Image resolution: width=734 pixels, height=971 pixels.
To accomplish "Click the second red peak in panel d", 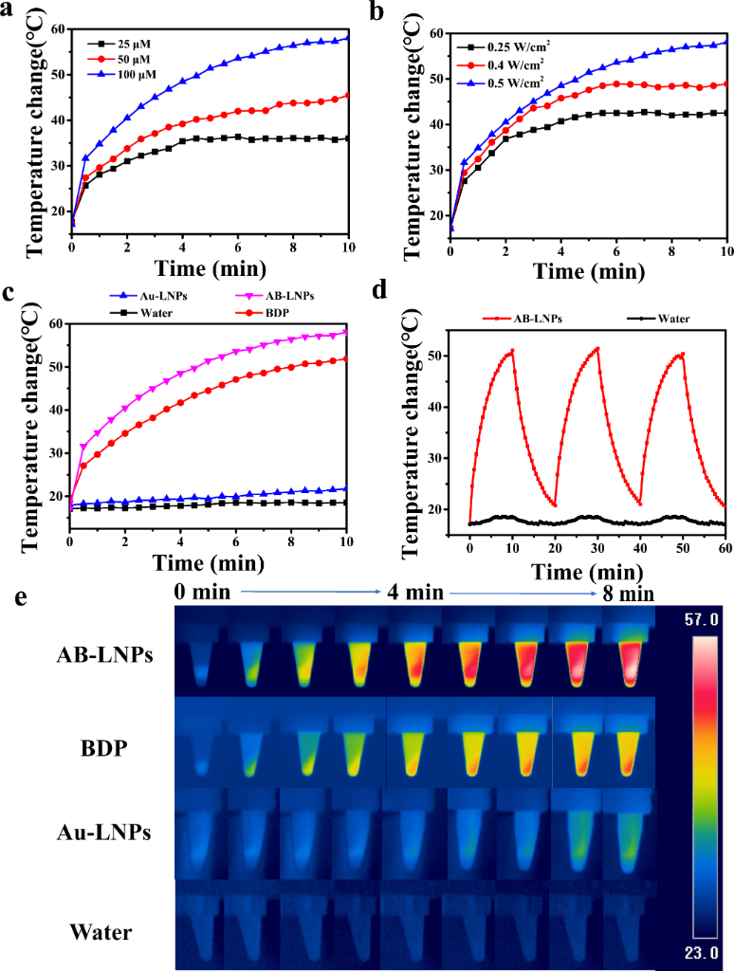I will (596, 348).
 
